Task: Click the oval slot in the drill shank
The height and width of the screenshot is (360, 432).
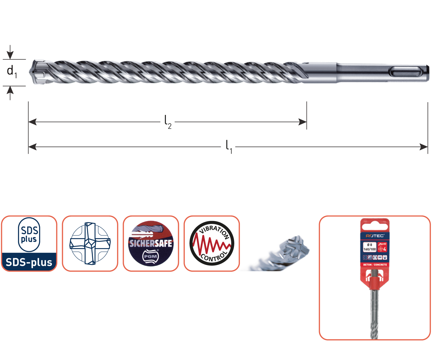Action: tap(405, 72)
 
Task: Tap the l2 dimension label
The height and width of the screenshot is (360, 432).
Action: tap(168, 122)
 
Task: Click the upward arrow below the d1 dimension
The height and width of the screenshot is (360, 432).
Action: tap(10, 92)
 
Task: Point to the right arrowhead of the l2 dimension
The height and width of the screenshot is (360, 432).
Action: tap(302, 122)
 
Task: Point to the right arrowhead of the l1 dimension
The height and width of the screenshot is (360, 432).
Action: tap(424, 147)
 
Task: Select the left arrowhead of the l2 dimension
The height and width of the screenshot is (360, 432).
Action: tap(33, 122)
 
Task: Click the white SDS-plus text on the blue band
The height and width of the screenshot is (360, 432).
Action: tap(29, 262)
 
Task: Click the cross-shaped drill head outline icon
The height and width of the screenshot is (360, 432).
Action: tap(90, 243)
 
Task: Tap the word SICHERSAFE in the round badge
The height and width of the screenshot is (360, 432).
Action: tap(151, 243)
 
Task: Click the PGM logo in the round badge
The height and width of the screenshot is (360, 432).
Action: tap(150, 256)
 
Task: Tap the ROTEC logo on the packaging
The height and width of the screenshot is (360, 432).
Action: tap(375, 236)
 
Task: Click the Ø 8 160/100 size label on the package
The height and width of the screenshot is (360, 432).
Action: tap(369, 247)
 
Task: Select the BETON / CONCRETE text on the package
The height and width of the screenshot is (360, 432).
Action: tap(375, 265)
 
